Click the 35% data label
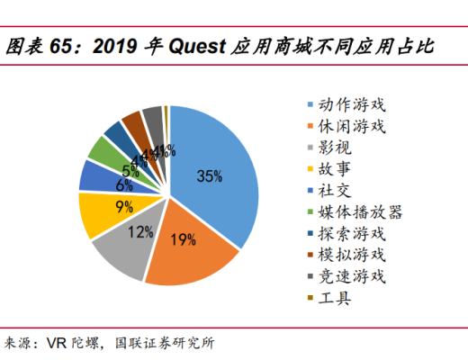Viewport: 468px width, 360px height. (x=210, y=176)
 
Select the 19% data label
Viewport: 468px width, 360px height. (x=184, y=238)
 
